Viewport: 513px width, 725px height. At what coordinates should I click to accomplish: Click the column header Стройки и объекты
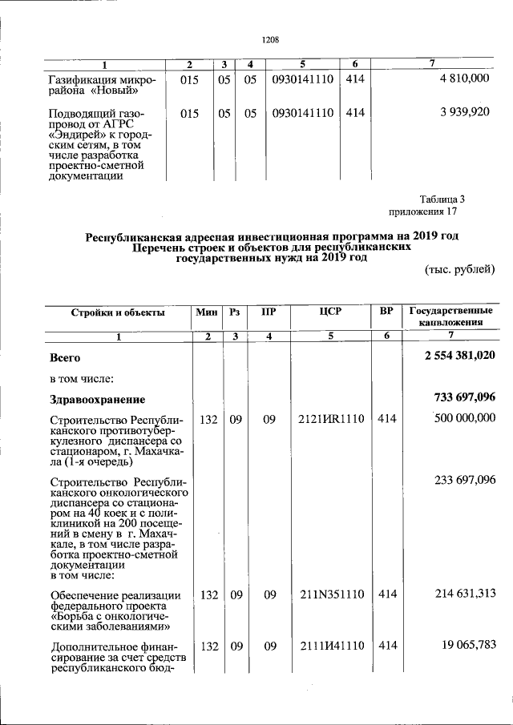(x=118, y=312)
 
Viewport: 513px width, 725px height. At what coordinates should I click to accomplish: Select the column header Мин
(x=208, y=312)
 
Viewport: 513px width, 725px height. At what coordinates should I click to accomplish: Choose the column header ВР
(x=386, y=312)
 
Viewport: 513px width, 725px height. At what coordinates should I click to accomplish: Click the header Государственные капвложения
(x=450, y=316)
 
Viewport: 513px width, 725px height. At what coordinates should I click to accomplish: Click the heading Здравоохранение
(x=97, y=399)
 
